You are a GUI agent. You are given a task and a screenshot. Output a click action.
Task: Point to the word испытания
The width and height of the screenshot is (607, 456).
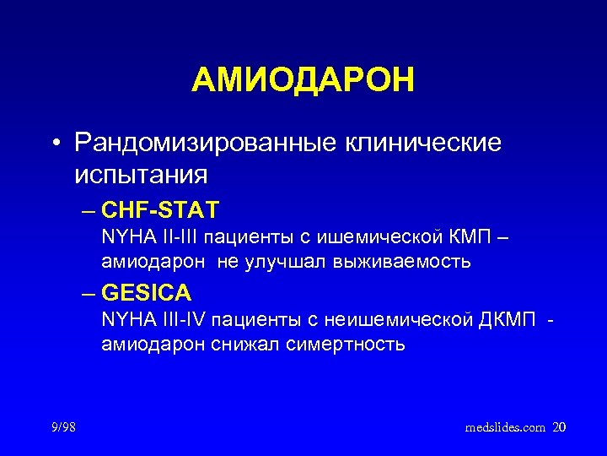coord(140,176)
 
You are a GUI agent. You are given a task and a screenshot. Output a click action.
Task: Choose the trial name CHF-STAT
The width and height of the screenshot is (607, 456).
coord(159,209)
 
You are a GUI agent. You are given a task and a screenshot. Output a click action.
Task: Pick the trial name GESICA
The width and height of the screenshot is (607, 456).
coord(146,293)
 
